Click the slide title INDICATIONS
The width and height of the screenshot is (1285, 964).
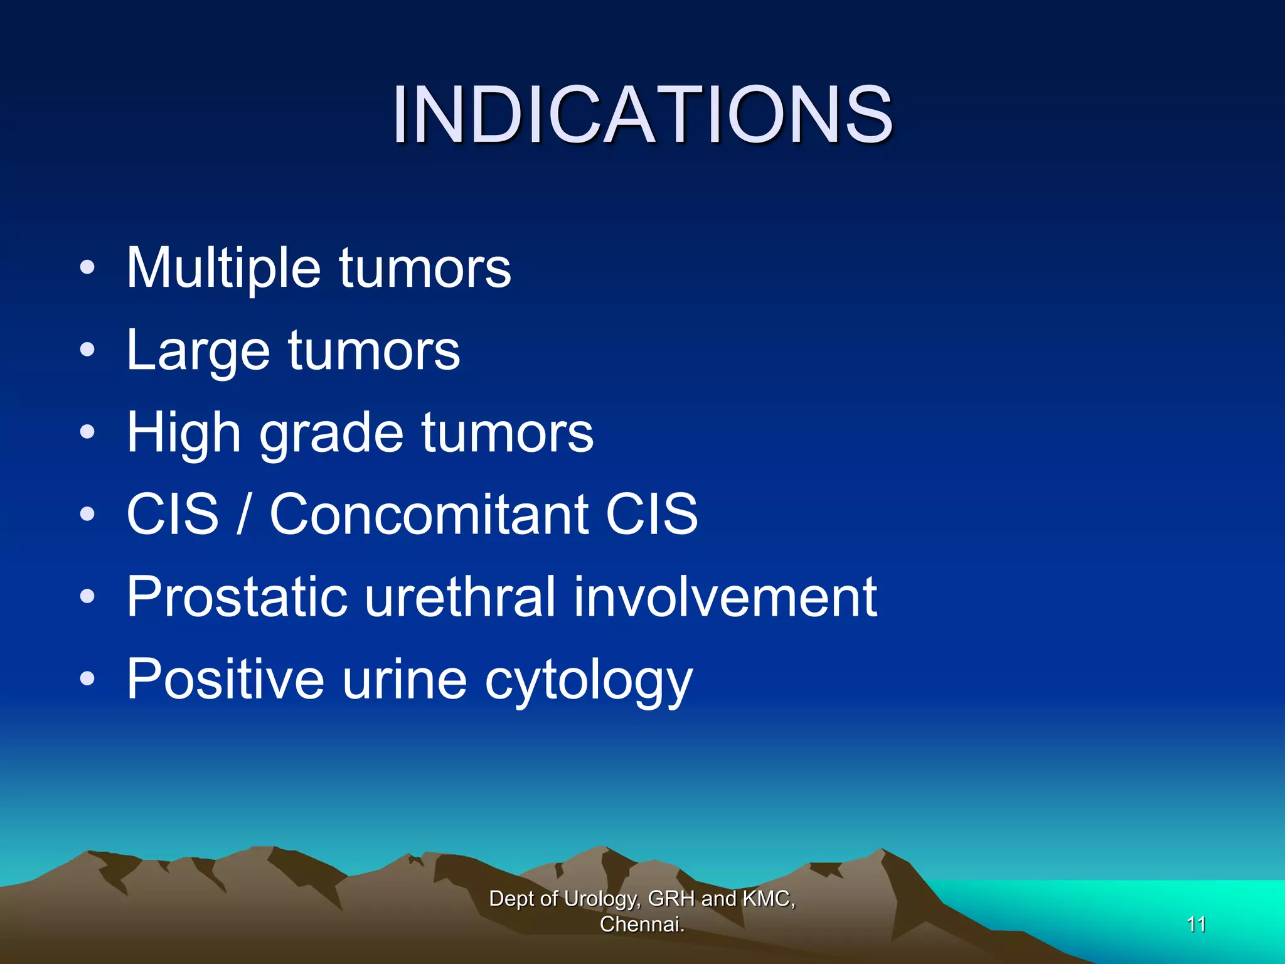(x=642, y=115)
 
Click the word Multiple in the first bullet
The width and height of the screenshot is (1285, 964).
(x=223, y=269)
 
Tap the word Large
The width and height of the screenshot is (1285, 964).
(x=197, y=351)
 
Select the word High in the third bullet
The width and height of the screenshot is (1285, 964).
(x=183, y=433)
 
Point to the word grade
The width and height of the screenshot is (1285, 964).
(x=331, y=433)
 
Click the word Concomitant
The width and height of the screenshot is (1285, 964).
(x=429, y=515)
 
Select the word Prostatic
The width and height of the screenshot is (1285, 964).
(x=237, y=597)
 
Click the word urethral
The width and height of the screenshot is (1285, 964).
(x=460, y=597)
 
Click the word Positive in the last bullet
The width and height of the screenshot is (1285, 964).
(x=225, y=679)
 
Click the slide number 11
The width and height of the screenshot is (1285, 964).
(x=1196, y=924)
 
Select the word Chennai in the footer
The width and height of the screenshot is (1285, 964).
(x=640, y=924)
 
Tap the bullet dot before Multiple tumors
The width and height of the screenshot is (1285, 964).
(x=88, y=269)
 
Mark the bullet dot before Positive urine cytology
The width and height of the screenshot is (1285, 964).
(x=88, y=679)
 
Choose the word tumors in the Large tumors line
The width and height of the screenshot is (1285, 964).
(x=374, y=351)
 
